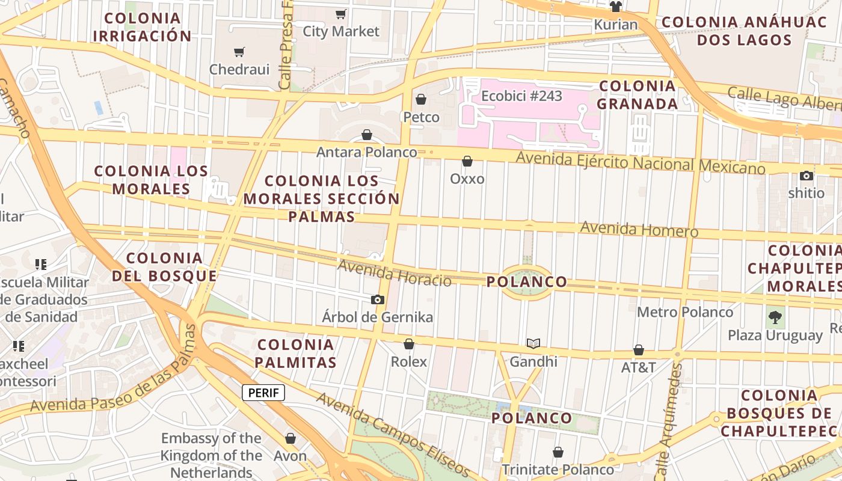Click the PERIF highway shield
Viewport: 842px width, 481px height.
(x=263, y=393)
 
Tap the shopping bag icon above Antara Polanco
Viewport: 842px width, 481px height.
(x=367, y=135)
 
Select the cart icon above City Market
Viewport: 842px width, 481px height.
(x=341, y=14)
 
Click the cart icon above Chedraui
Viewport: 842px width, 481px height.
(x=239, y=52)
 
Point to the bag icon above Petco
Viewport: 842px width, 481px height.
(x=421, y=99)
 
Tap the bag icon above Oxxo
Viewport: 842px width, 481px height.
(x=467, y=161)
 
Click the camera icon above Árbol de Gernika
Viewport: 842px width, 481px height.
(x=377, y=299)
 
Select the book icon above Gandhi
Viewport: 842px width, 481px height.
(x=533, y=343)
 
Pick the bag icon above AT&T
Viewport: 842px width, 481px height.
(x=639, y=350)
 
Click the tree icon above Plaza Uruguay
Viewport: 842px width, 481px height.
(x=775, y=316)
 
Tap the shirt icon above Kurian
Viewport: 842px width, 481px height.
(x=615, y=7)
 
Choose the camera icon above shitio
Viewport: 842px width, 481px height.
(x=807, y=176)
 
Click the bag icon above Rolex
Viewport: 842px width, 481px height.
(x=409, y=344)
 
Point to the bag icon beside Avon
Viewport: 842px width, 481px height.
(x=290, y=438)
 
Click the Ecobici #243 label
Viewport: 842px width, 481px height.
(x=521, y=96)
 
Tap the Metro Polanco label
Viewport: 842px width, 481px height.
(x=685, y=312)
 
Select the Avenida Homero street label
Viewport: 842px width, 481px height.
(x=639, y=229)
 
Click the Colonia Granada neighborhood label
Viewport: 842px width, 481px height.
(x=638, y=95)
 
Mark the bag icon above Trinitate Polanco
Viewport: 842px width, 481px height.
(x=558, y=452)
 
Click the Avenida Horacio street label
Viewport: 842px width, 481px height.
(x=394, y=273)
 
